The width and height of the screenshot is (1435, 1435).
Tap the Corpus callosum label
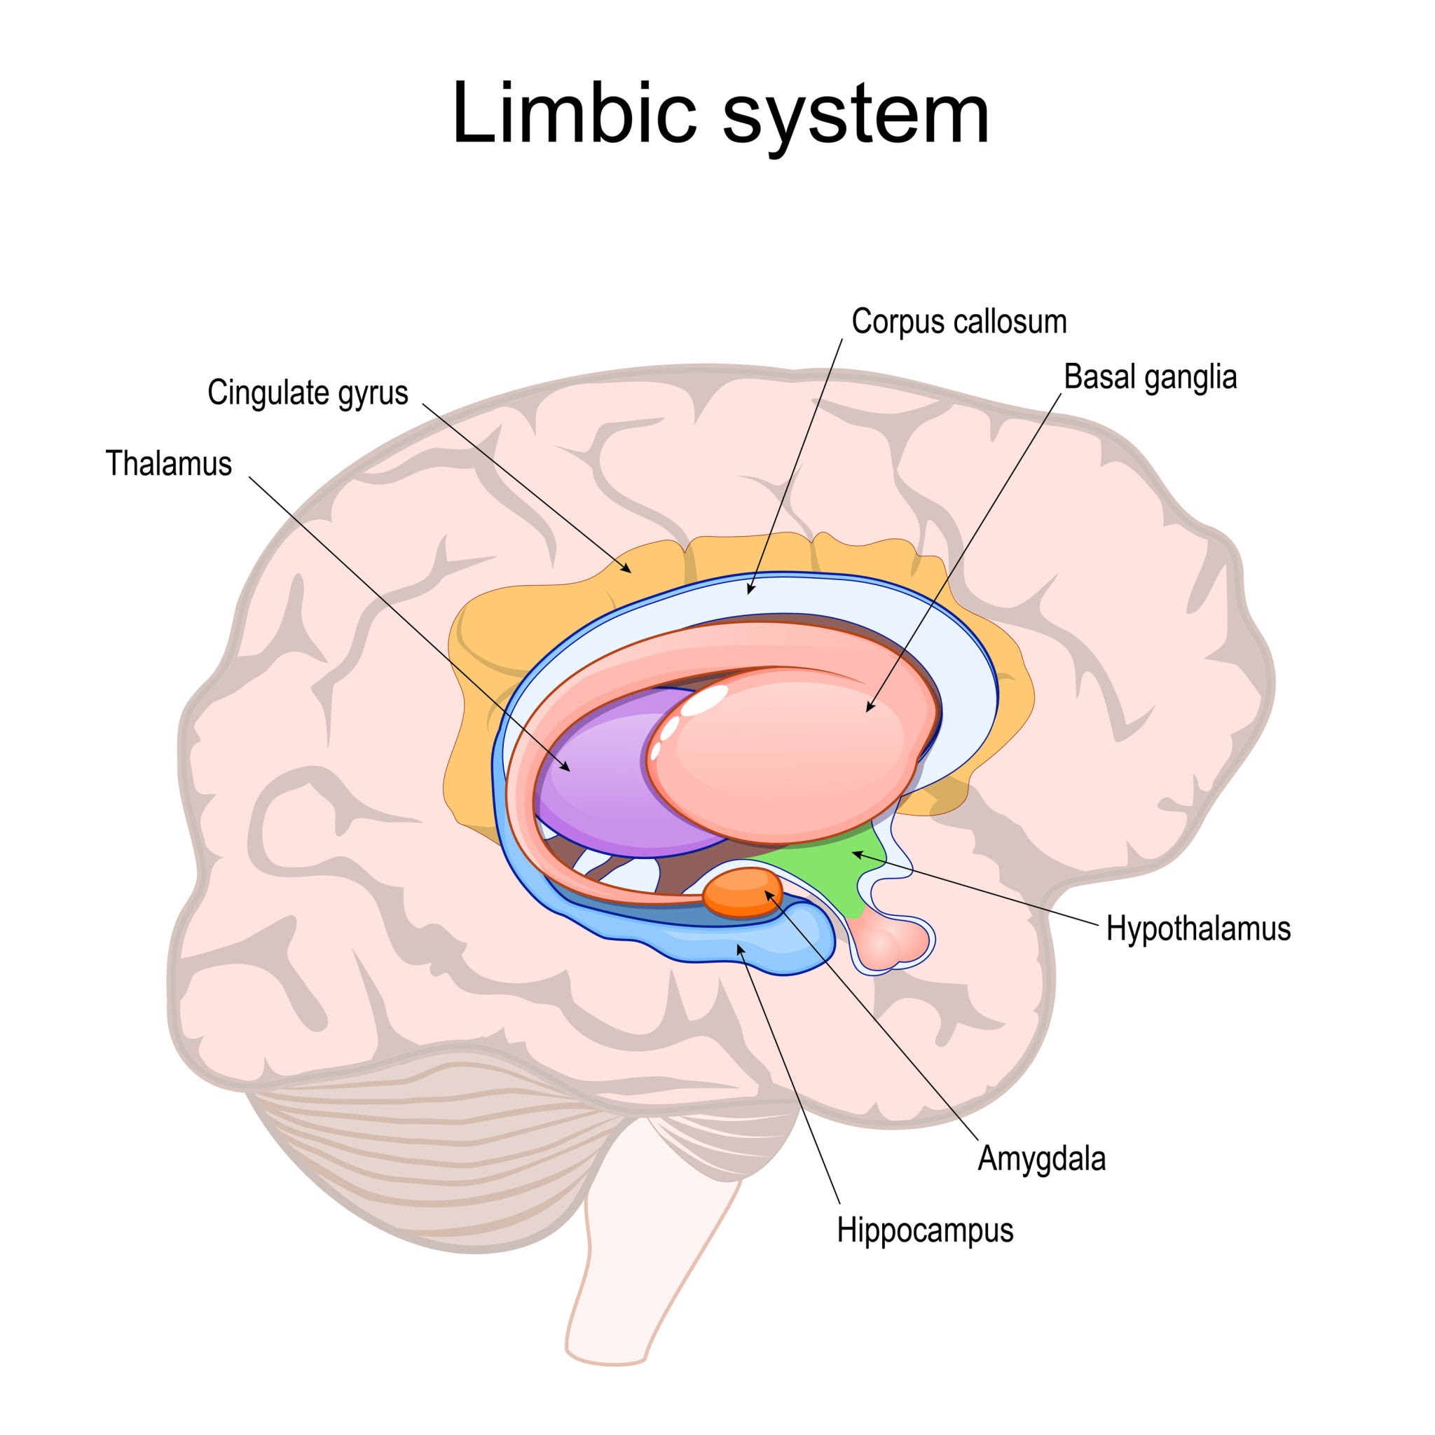coord(958,322)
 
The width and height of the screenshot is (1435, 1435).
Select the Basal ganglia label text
coord(1150,378)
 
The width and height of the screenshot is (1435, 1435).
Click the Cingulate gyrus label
coord(308,392)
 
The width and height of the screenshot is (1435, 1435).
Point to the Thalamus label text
coord(169,463)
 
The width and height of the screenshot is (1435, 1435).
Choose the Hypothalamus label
coord(1198,928)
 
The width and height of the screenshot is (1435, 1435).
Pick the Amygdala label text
coord(1041,1158)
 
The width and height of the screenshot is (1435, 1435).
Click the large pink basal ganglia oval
coord(802,757)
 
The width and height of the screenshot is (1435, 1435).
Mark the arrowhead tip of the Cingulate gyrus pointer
coord(631,572)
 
